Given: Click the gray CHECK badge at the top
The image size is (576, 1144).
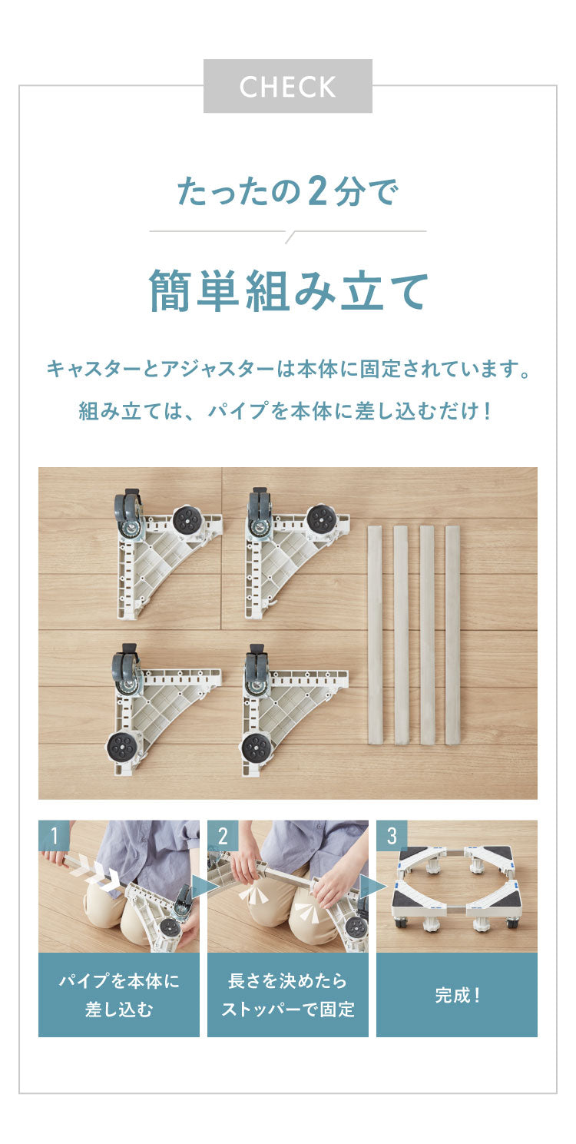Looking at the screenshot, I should tap(287, 86).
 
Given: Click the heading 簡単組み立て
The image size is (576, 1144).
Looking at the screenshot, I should tap(288, 291).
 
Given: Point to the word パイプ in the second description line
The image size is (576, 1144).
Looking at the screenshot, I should tap(237, 411).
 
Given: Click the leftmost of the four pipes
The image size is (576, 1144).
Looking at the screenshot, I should tap(375, 635).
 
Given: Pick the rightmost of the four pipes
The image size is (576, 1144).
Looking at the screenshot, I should tap(452, 635).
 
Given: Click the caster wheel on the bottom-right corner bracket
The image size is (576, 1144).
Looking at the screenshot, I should tap(257, 669).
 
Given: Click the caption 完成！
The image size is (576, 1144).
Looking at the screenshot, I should tap(457, 996).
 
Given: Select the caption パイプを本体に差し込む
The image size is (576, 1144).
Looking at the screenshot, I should tap(119, 995).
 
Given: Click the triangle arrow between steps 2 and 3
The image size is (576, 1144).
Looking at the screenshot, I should tap(371, 887).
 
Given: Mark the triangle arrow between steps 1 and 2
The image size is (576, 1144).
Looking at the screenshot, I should tap(204, 887).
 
